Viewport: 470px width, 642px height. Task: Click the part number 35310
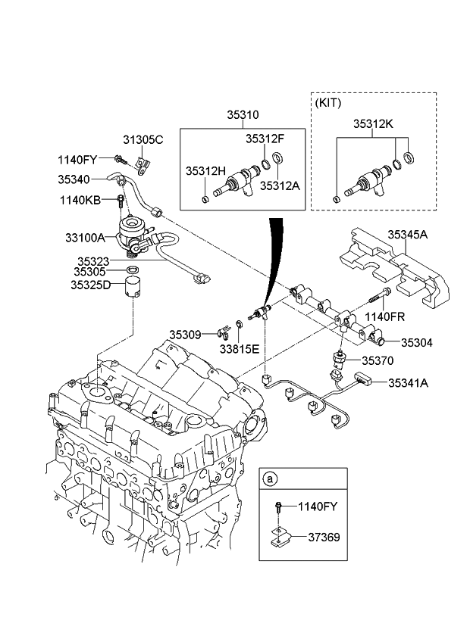[x=243, y=116]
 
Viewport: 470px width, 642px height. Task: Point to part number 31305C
[x=143, y=140]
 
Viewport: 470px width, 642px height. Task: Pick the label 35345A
[x=408, y=235]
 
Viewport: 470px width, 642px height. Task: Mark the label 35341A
[x=409, y=383]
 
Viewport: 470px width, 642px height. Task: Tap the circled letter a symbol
[x=269, y=478]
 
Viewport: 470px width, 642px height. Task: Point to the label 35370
[x=378, y=362]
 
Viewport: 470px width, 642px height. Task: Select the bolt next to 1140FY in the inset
[x=280, y=508]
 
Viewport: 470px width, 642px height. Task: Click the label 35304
[x=416, y=342]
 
